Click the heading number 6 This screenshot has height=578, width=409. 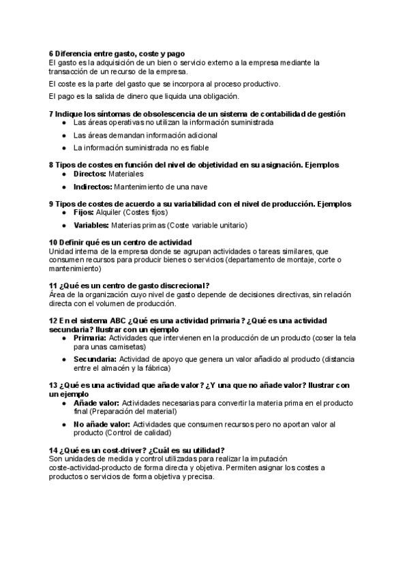51,54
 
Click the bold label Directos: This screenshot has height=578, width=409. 90,174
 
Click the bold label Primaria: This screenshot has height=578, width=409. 90,337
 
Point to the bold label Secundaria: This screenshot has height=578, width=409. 95,359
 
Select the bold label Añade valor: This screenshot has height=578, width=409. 96,402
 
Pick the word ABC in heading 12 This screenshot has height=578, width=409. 100,320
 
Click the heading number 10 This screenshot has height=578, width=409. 53,242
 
